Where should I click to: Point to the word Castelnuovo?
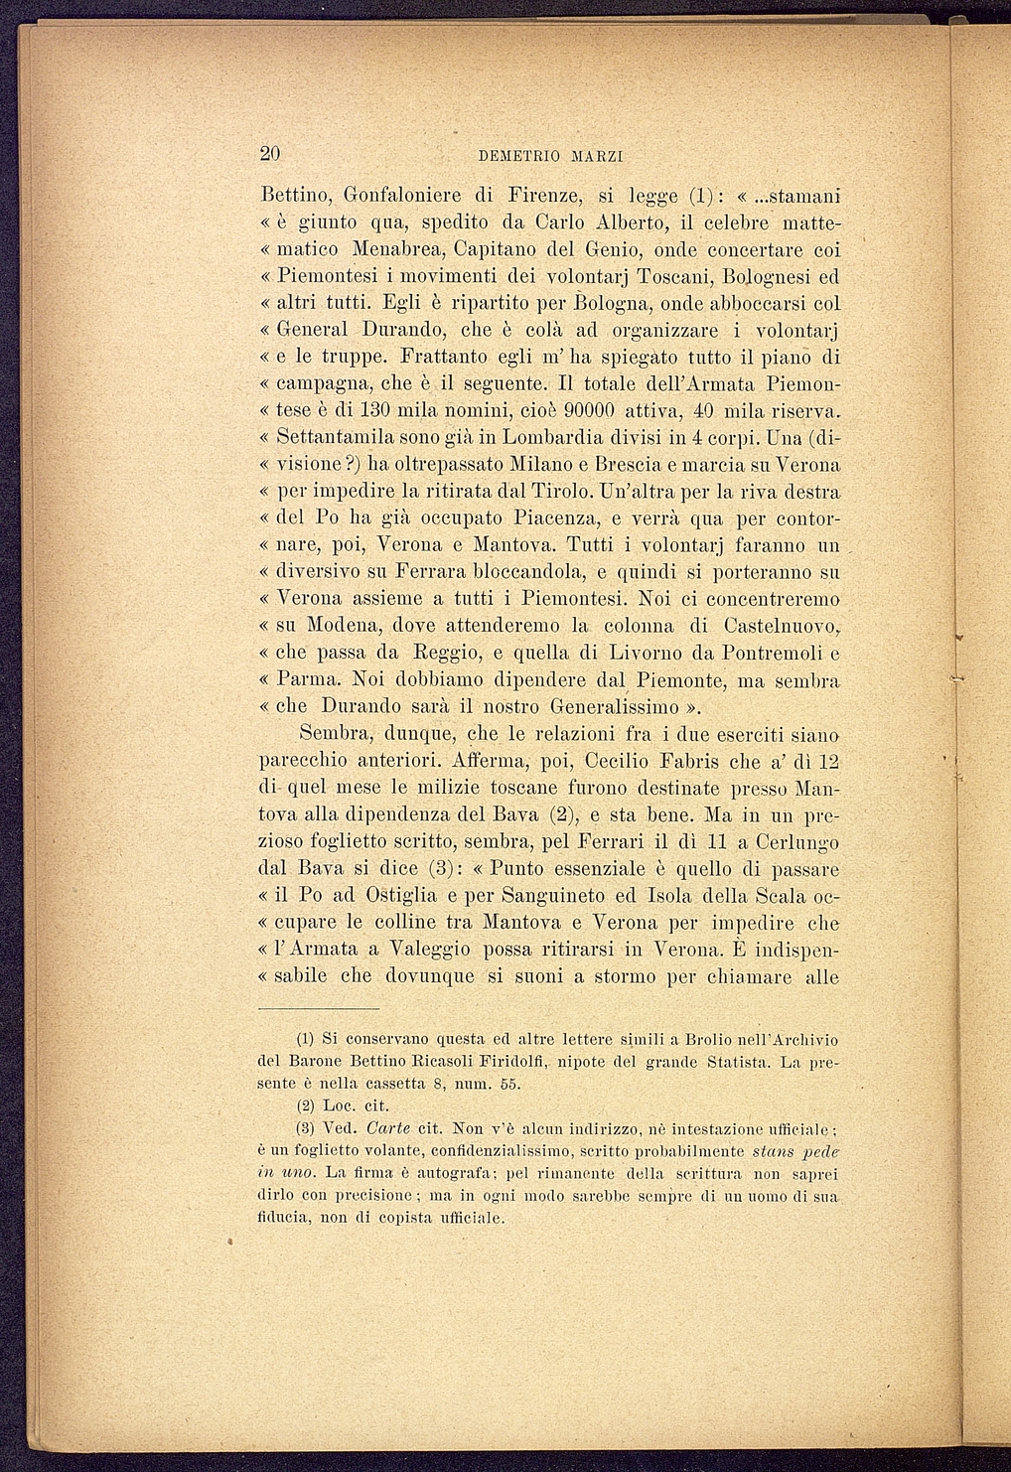pyautogui.click(x=780, y=627)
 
